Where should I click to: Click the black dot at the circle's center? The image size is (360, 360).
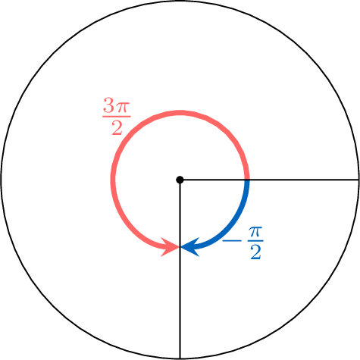pyautogui.click(x=180, y=180)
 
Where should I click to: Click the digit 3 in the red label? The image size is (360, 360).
pyautogui.click(x=108, y=105)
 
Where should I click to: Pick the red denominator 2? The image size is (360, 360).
pyautogui.click(x=117, y=127)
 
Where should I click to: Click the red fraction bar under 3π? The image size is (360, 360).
pyautogui.click(x=117, y=117)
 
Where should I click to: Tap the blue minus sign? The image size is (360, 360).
pyautogui.click(x=232, y=241)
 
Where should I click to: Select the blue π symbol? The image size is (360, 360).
pyautogui.click(x=255, y=232)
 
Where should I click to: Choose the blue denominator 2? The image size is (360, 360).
pyautogui.click(x=255, y=252)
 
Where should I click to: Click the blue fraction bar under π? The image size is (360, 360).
pyautogui.click(x=255, y=240)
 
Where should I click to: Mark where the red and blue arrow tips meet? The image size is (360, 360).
pyautogui.click(x=180, y=247)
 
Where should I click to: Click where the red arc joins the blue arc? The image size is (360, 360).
pyautogui.click(x=247, y=180)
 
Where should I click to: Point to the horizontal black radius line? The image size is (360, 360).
pyautogui.click(x=269, y=180)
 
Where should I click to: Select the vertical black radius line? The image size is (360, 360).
pyautogui.click(x=180, y=269)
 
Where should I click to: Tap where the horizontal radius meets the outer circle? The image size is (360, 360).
pyautogui.click(x=358, y=180)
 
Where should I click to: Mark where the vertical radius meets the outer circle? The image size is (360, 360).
pyautogui.click(x=180, y=358)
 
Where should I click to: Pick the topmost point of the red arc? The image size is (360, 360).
pyautogui.click(x=180, y=113)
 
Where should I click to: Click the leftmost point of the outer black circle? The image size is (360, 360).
pyautogui.click(x=2, y=180)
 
